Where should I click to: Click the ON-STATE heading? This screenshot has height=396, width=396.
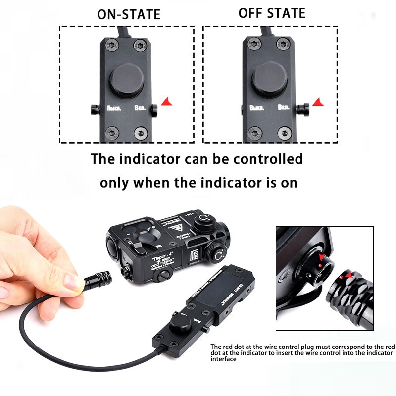point(129,14)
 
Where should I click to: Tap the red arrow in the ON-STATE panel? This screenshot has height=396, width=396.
point(168,102)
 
